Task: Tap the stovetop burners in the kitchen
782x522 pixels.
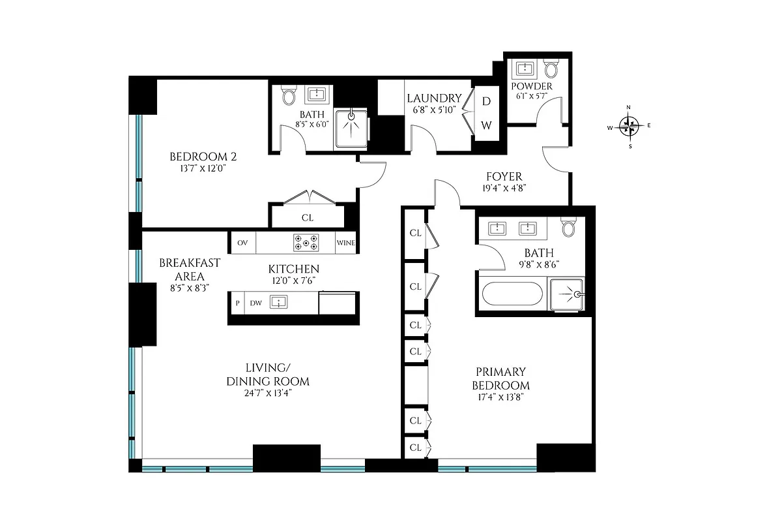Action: (306, 243)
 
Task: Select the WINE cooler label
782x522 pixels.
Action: (345, 243)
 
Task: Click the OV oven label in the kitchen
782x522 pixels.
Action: (242, 243)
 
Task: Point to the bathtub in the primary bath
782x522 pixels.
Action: (512, 294)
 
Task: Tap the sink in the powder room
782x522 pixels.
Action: (524, 69)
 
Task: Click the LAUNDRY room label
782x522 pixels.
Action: (434, 99)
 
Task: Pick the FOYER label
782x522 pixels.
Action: (504, 177)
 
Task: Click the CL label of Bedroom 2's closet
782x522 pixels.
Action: (307, 218)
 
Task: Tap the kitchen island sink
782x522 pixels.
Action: (280, 302)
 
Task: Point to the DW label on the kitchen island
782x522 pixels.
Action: (256, 303)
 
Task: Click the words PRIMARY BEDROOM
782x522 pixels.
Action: (500, 378)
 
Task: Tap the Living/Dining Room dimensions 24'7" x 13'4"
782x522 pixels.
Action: (268, 393)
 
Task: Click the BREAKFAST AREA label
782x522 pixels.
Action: (190, 269)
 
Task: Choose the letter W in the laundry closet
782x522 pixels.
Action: (486, 124)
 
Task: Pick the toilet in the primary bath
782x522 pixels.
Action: (569, 226)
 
